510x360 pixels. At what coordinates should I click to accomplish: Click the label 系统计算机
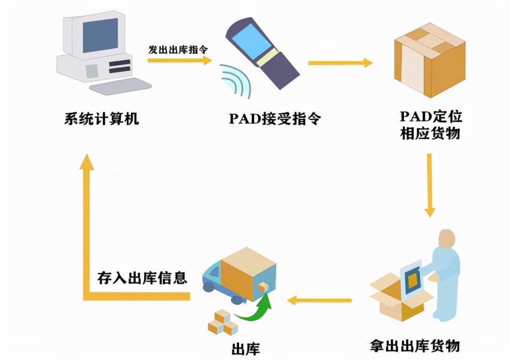pyautogui.click(x=102, y=118)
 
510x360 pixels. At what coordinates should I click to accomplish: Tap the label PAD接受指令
pyautogui.click(x=275, y=118)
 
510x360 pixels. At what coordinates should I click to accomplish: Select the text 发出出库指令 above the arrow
pyautogui.click(x=178, y=50)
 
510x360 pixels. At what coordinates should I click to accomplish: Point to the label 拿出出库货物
pyautogui.click(x=415, y=345)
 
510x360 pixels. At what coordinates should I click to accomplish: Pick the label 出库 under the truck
pyautogui.click(x=246, y=349)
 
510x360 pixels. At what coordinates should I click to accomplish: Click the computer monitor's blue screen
pyautogui.click(x=100, y=35)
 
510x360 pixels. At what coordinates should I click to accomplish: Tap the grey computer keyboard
pyautogui.click(x=121, y=86)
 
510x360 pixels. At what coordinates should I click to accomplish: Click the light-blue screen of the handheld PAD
pyautogui.click(x=253, y=43)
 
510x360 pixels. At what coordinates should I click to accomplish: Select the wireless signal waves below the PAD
pyautogui.click(x=236, y=80)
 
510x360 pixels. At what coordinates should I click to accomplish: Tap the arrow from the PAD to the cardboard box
pyautogui.click(x=340, y=63)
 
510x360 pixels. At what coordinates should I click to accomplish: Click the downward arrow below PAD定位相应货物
pyautogui.click(x=430, y=185)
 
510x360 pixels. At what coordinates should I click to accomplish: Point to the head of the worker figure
pyautogui.click(x=447, y=240)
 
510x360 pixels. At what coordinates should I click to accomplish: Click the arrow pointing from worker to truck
pyautogui.click(x=319, y=300)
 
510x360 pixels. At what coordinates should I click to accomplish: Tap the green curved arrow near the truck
pyautogui.click(x=254, y=307)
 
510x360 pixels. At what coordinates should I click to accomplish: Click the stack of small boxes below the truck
pyautogui.click(x=223, y=322)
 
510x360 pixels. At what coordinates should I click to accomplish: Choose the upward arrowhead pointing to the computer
pyautogui.click(x=87, y=162)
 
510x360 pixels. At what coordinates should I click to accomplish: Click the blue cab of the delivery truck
pyautogui.click(x=212, y=277)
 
